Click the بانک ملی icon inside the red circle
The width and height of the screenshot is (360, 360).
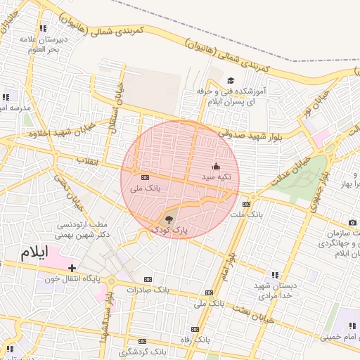click(145, 177)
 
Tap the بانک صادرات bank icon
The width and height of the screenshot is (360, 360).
click(146, 279)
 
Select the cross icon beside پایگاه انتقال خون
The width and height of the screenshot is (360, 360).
click(72, 268)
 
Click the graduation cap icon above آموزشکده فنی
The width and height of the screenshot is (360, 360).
click(230, 81)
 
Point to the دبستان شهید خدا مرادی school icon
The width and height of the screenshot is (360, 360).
click(274, 275)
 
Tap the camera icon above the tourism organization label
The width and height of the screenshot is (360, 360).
click(352, 223)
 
